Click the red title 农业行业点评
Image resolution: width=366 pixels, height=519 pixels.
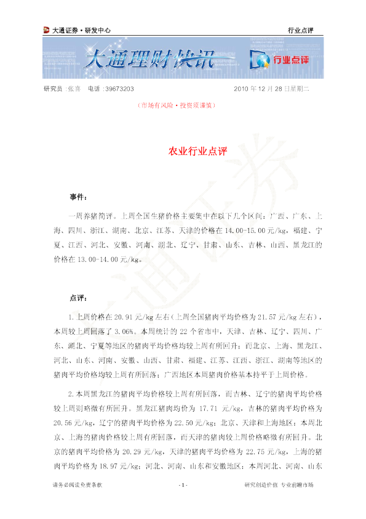tap(197, 151)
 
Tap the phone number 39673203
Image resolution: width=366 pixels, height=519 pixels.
tap(119, 89)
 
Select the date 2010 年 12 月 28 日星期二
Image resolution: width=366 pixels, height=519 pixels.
tap(271, 89)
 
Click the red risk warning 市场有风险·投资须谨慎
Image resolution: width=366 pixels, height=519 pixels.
tap(177, 105)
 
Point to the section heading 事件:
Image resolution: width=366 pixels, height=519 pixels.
tap(78, 197)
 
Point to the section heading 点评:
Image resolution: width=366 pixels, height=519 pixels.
tap(78, 298)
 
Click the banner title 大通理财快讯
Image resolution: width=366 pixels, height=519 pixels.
tap(150, 60)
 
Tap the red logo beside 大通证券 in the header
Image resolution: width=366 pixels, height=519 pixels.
tap(46, 30)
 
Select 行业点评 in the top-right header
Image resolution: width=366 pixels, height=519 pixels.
tap(300, 30)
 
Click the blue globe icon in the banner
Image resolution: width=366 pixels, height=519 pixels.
tap(260, 60)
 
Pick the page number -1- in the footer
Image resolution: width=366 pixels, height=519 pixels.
tap(183, 485)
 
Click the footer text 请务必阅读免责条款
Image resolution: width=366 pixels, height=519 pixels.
tap(78, 485)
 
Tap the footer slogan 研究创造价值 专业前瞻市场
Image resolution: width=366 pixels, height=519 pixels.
tap(279, 485)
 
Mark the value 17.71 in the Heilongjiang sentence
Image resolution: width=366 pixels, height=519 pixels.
tap(209, 409)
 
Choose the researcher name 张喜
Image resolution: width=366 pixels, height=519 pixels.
tap(74, 89)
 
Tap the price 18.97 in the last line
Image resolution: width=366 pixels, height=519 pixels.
tap(109, 467)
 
